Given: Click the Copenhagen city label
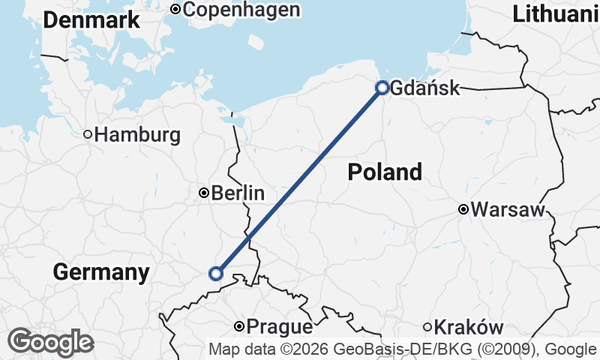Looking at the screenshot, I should click(x=241, y=10).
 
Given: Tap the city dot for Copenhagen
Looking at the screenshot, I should click(x=175, y=10).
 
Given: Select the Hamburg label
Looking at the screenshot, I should click(x=138, y=135).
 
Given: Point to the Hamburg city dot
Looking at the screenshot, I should click(x=88, y=135).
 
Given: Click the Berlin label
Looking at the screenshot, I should click(x=238, y=193).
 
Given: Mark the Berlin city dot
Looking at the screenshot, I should click(x=203, y=193).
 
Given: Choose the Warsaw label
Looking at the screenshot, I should click(x=508, y=209).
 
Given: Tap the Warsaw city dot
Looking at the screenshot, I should click(x=463, y=209).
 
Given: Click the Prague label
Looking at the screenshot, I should click(x=279, y=327).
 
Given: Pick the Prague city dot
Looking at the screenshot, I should click(x=238, y=326).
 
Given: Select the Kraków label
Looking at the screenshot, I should click(x=469, y=327).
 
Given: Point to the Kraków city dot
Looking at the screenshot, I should click(x=427, y=327).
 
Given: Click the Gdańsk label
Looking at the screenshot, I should click(x=425, y=88).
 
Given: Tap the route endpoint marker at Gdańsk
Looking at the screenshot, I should click(x=382, y=88).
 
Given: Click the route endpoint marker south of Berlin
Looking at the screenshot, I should click(x=216, y=274).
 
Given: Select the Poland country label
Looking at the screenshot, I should click(x=385, y=172).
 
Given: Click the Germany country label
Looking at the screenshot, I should click(x=100, y=272).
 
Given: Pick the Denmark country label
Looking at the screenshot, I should click(x=91, y=20).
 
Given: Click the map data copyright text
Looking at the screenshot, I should click(x=403, y=349).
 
